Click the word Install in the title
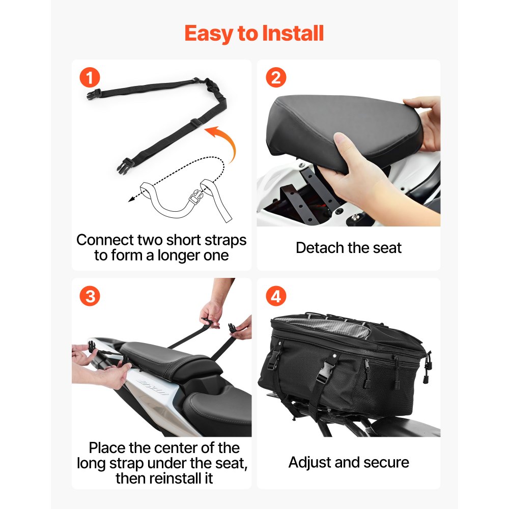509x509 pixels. tap(293, 34)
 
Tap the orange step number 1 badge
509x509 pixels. tap(90, 78)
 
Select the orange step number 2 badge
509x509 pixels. tap(276, 78)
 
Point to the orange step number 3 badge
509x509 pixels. tap(90, 296)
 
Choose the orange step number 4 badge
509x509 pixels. tap(276, 296)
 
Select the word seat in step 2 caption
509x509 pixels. tap(386, 248)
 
